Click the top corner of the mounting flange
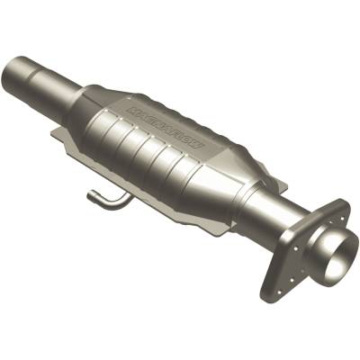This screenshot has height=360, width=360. click(343, 204)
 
